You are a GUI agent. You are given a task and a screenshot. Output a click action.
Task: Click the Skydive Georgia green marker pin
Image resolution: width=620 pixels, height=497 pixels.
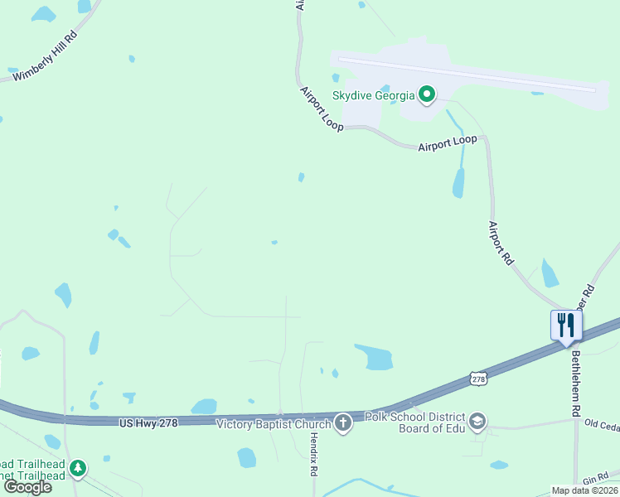[427, 95]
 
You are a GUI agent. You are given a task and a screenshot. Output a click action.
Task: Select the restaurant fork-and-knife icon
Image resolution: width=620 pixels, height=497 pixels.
[566, 323]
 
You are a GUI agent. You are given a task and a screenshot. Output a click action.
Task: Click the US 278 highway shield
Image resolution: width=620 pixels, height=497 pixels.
[477, 379]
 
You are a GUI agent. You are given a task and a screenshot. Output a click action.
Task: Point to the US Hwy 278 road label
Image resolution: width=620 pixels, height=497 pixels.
[149, 422]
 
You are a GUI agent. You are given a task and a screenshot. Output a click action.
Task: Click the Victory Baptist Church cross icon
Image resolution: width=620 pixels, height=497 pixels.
[342, 424]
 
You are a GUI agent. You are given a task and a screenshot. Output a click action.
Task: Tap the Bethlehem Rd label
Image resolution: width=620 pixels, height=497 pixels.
[576, 383]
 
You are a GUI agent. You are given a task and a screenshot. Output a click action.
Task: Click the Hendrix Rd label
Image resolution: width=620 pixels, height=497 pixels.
[312, 454]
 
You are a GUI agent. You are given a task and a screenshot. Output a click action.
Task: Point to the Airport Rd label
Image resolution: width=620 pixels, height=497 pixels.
[501, 243]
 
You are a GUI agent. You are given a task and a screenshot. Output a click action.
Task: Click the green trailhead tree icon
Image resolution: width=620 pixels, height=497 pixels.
[78, 470]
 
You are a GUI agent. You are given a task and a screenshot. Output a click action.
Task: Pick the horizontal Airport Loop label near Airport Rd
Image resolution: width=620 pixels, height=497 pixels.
[448, 143]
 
